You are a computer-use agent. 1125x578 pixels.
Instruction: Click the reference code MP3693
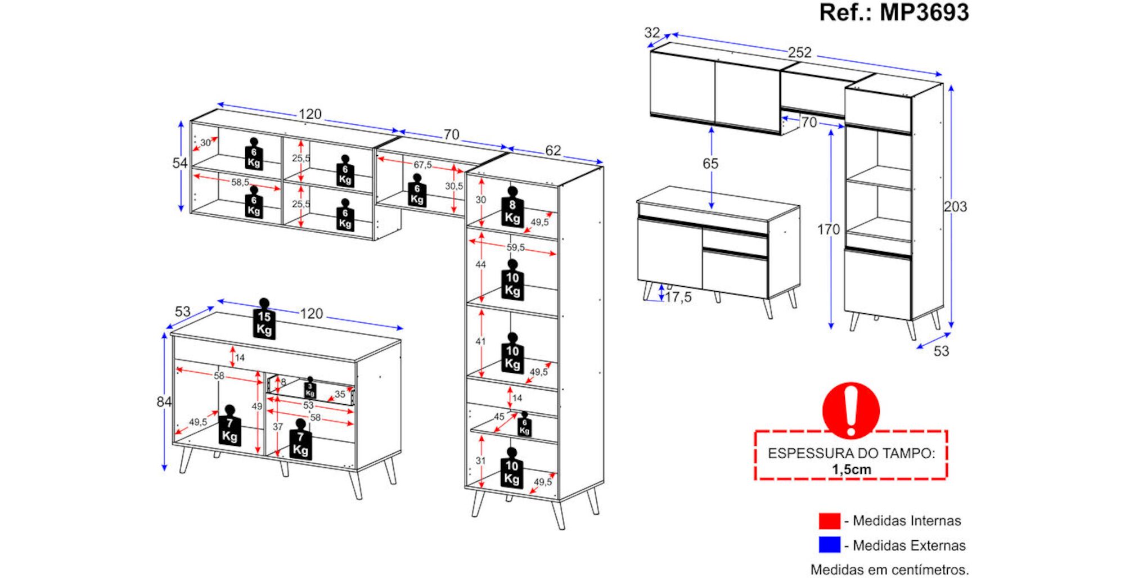924,12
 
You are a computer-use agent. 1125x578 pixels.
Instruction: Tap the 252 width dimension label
799,52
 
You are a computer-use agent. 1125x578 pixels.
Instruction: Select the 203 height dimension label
955,207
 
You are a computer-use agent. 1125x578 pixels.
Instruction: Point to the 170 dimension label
828,229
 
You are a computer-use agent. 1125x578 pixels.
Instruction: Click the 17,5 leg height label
678,297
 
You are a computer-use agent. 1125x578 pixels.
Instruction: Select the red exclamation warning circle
850,410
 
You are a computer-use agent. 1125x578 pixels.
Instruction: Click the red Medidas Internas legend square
829,521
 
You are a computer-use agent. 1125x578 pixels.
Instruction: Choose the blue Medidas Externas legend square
829,545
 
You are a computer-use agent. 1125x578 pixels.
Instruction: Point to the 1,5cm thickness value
851,470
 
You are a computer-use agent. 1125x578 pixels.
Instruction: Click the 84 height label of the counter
164,402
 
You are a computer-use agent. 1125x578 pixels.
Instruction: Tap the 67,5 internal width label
422,165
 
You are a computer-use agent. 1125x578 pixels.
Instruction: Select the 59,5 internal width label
515,247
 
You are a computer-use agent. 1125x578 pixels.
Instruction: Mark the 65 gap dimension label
710,164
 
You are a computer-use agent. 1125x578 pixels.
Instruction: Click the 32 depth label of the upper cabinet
652,33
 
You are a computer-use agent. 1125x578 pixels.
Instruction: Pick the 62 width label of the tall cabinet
553,150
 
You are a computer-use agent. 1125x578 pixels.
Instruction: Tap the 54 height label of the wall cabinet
179,163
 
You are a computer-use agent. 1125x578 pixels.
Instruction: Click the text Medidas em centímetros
889,570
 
